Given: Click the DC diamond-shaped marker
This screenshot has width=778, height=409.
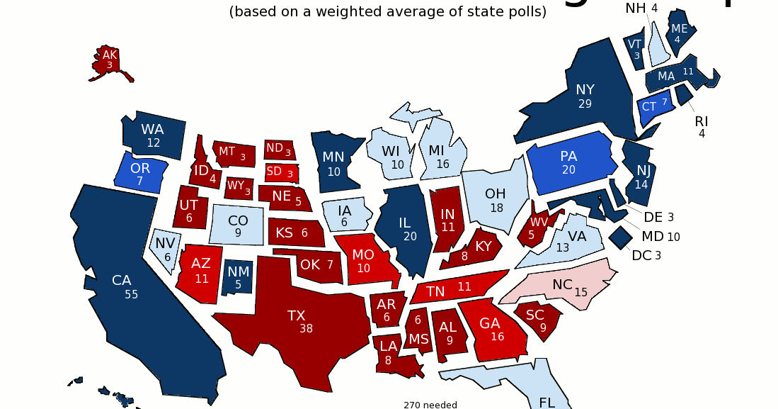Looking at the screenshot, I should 621,237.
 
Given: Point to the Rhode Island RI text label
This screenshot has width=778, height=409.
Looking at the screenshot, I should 701,121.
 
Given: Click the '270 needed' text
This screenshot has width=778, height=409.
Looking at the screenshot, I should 430,405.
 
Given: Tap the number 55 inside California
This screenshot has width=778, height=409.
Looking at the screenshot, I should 131,294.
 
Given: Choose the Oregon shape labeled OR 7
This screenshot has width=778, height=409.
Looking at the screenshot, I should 140,173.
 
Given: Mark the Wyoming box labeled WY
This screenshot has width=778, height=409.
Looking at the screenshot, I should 237,188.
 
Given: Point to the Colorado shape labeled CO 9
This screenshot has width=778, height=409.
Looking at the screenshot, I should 238,225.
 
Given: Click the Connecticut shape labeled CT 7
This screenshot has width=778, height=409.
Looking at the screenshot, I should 654,106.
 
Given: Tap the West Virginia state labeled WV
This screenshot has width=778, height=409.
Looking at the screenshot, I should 538,224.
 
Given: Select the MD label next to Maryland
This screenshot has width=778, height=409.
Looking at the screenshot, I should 652,236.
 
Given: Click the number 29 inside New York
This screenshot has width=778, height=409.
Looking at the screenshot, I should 585,103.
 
